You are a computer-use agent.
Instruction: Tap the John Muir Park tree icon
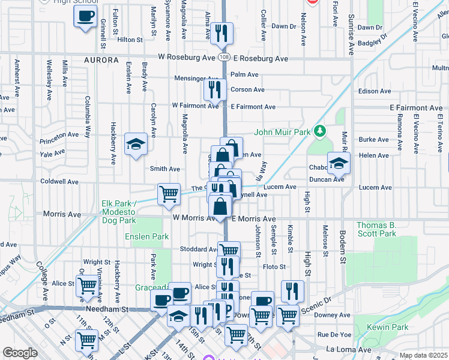tap(321, 131)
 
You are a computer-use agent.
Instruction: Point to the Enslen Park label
tap(147, 237)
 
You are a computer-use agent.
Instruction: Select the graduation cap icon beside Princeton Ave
tap(136, 144)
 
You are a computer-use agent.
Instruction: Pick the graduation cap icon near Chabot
tap(339, 163)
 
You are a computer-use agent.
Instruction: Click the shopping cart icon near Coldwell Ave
tap(169, 194)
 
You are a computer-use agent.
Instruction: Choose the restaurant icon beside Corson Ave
tap(214, 90)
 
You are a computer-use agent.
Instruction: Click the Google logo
tap(20, 353)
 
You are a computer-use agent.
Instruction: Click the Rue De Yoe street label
tap(334, 334)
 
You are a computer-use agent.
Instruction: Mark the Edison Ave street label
tap(374, 91)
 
